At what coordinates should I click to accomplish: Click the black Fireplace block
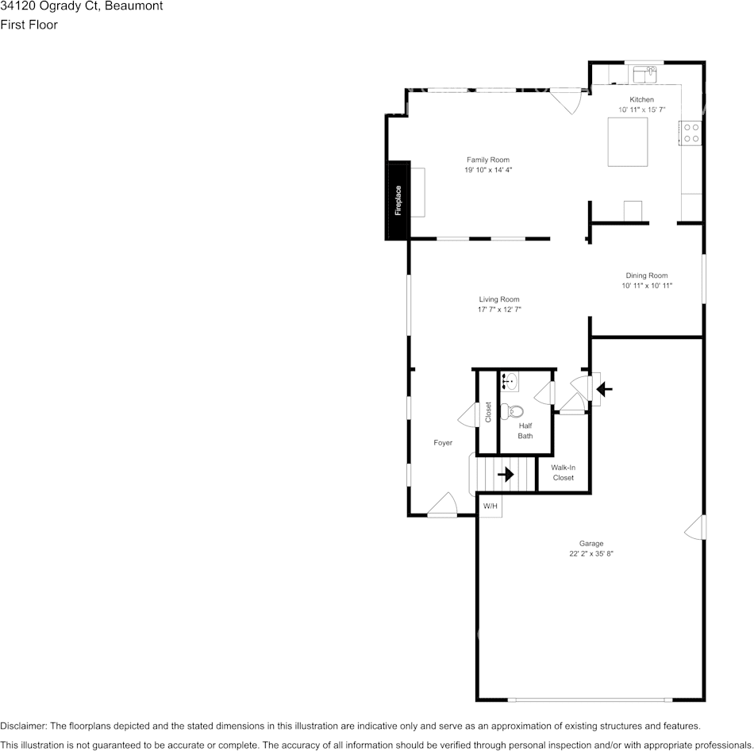(x=397, y=201)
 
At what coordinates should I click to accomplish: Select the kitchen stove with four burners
(x=691, y=133)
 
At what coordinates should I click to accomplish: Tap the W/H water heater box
(x=490, y=506)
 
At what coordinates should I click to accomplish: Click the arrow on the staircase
(x=505, y=475)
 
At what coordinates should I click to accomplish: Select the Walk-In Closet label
(x=563, y=472)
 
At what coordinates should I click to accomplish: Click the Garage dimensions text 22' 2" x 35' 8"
(x=591, y=554)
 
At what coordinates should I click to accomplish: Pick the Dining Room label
(x=646, y=275)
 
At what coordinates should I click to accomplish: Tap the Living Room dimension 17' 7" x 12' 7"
(x=498, y=310)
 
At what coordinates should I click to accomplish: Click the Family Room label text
(x=487, y=160)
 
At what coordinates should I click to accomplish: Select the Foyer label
(x=442, y=442)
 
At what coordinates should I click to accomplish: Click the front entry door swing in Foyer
(x=442, y=505)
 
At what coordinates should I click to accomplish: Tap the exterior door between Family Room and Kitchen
(x=568, y=100)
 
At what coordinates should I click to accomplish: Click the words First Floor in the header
(x=29, y=25)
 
